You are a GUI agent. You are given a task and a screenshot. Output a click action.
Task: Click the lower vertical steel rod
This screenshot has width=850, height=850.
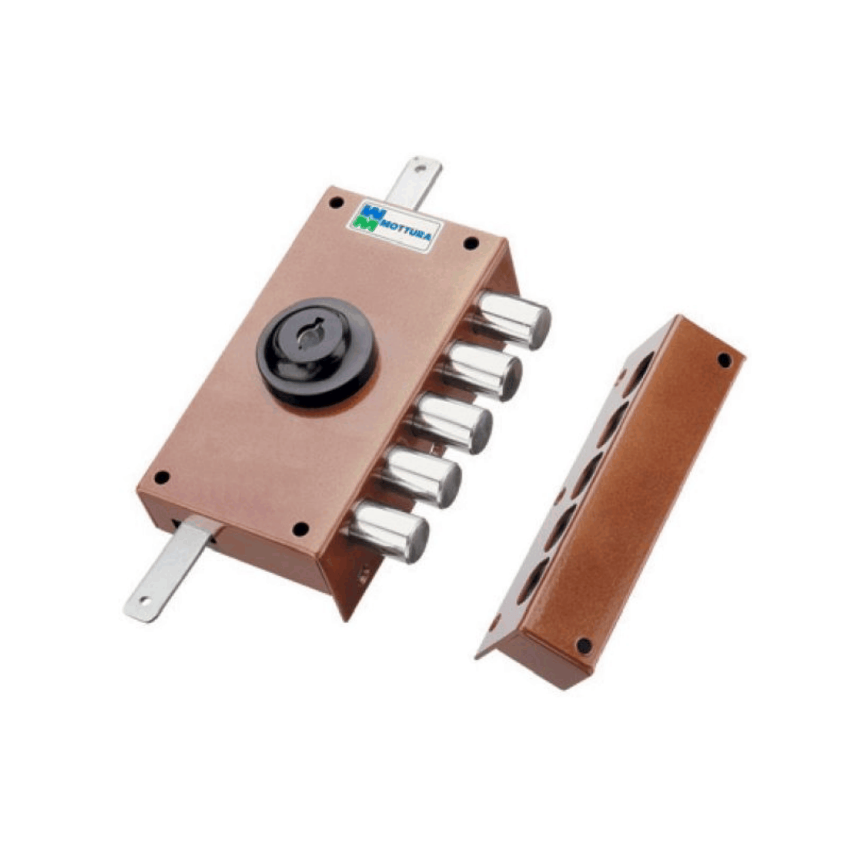click(171, 569)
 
